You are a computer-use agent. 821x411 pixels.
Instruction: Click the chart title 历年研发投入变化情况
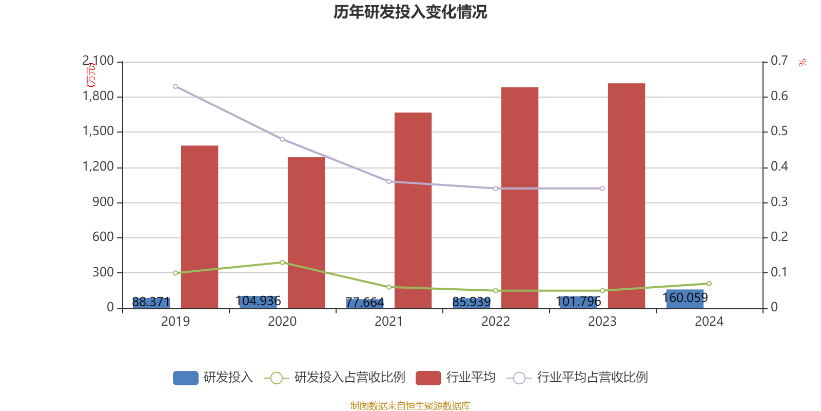click(x=410, y=12)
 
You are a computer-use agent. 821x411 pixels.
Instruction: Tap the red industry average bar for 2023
click(x=626, y=195)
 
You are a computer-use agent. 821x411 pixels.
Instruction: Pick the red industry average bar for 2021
click(x=413, y=211)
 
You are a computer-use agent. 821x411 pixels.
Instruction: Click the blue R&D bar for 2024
click(x=685, y=298)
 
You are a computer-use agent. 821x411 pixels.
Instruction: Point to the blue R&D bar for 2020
click(x=259, y=302)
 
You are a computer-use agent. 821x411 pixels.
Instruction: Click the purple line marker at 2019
click(x=175, y=86)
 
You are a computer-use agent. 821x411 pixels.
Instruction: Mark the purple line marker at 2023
click(x=602, y=189)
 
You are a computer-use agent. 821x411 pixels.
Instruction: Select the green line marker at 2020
click(x=282, y=263)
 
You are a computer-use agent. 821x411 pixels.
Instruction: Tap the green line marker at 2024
click(x=709, y=284)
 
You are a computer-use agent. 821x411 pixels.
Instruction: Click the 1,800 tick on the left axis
click(x=99, y=97)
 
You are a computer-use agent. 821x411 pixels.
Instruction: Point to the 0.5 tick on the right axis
click(x=779, y=132)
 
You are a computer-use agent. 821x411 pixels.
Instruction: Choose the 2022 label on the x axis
click(x=495, y=322)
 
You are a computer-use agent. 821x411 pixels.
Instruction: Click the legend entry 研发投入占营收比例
click(x=349, y=378)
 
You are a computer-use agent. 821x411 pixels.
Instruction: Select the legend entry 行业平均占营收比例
click(x=592, y=378)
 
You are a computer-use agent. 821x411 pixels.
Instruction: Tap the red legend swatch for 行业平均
click(x=428, y=378)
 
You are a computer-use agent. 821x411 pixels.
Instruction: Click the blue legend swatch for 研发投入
click(x=186, y=378)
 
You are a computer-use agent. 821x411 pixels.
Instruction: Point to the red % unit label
click(x=802, y=63)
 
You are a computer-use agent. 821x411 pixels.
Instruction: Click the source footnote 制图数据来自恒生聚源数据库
click(x=410, y=406)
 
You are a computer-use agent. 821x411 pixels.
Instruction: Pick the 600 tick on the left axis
click(x=103, y=237)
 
